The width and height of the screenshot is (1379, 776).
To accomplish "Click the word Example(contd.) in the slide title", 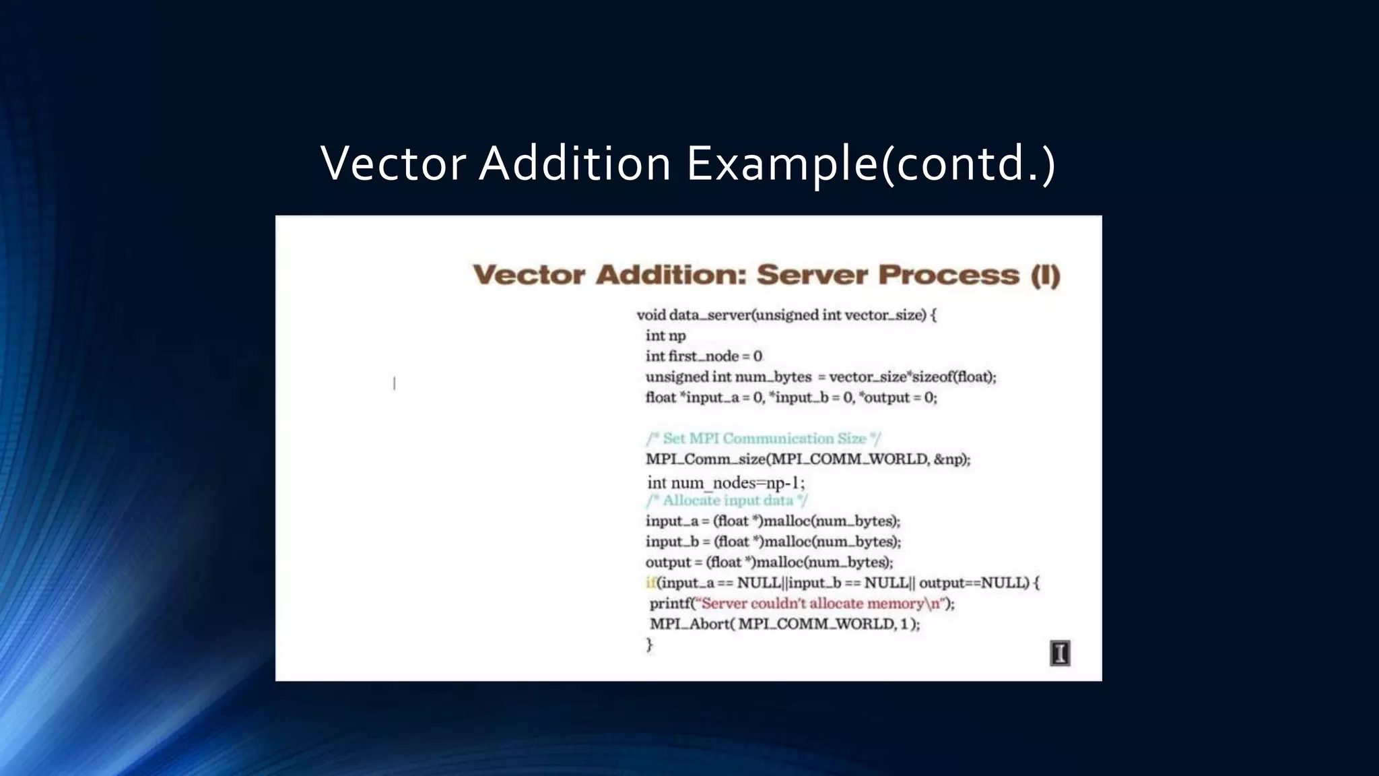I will coord(871,164).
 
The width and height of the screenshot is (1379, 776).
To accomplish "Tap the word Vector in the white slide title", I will coord(393,164).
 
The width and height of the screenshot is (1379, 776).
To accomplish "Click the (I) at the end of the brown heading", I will coord(1045,276).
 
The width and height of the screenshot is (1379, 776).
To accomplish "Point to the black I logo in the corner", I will coord(1060,653).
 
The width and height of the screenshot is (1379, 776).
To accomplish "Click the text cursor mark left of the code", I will coord(395,383).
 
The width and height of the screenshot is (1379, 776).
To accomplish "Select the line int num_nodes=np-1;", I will coord(726,483).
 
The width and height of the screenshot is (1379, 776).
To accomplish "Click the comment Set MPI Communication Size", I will coord(764,439).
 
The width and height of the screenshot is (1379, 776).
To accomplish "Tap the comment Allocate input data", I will coord(727,500).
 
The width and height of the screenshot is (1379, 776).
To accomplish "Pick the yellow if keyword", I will coord(650,583).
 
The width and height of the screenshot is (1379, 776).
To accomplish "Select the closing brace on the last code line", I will coord(650,645).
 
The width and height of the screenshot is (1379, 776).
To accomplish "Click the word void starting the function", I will coord(650,315).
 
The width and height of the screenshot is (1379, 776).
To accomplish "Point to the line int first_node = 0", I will coord(704,356).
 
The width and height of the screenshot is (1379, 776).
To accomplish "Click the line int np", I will coord(665,335).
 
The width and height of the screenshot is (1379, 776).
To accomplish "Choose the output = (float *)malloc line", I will coord(769,562).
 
